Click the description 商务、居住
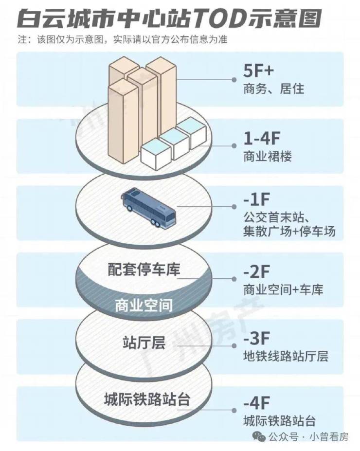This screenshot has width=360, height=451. (x=274, y=90)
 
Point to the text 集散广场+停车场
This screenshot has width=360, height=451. (x=289, y=231)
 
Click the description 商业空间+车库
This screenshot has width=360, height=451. (x=283, y=290)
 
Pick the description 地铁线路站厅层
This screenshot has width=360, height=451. (x=286, y=357)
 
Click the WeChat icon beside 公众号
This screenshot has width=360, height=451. (x=261, y=437)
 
